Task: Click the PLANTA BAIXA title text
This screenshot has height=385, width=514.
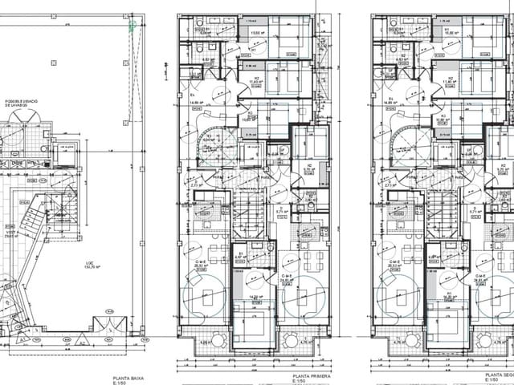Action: [128, 375]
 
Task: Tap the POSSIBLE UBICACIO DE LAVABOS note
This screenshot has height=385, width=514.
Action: [22, 103]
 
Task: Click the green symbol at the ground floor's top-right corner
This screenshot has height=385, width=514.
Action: [130, 26]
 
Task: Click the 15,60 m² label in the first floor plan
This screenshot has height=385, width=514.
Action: [257, 33]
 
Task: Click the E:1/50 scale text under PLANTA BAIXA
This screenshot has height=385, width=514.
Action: [121, 382]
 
